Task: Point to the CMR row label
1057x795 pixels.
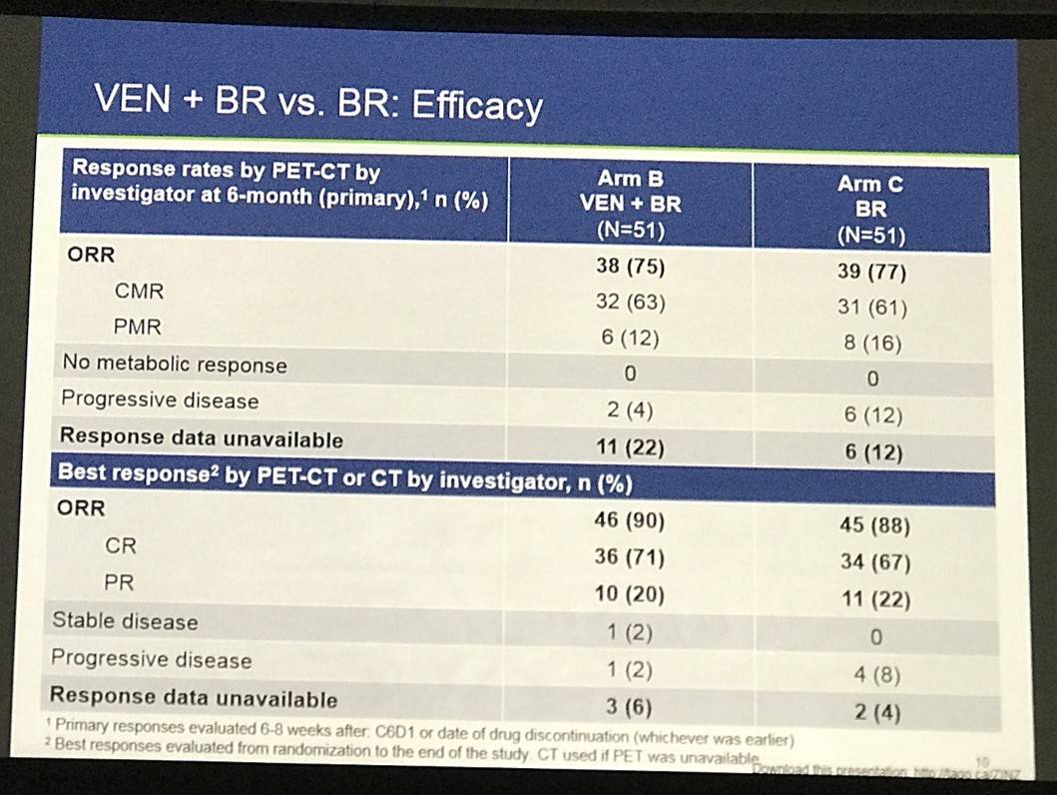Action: click(139, 292)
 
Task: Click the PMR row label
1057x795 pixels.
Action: click(138, 326)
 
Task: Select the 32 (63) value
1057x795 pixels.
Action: click(631, 302)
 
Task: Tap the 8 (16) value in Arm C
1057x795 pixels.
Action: click(871, 345)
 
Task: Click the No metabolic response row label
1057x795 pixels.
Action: click(175, 365)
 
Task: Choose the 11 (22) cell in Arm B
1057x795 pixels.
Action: click(631, 448)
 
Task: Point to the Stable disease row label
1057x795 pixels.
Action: click(125, 621)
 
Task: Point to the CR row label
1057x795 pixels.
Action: click(121, 546)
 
